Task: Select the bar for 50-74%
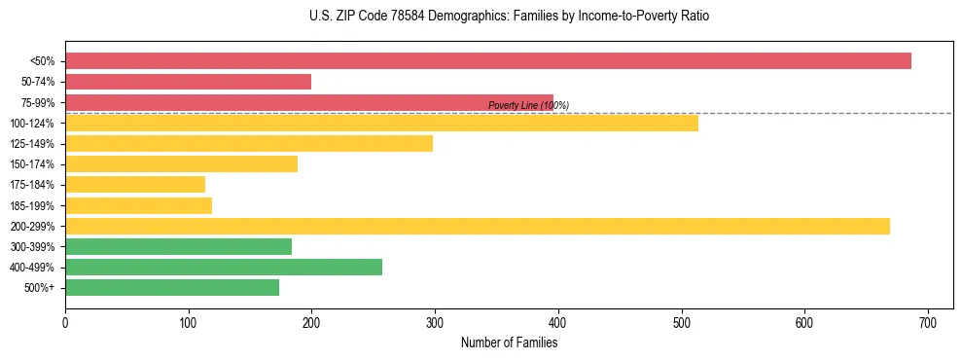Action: [188, 82]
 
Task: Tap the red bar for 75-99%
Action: [308, 102]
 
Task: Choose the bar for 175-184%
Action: [135, 185]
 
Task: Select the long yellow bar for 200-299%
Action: [477, 226]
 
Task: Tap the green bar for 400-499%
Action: [223, 268]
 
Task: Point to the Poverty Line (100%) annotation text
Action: [528, 106]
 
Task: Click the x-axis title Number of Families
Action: [509, 343]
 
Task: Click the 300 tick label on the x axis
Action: [435, 322]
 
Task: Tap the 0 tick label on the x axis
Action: [65, 322]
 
